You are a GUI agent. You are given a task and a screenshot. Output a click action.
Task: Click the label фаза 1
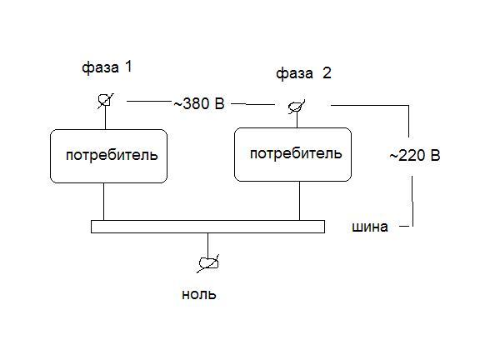(107, 67)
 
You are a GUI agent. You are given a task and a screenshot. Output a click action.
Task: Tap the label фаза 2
(303, 74)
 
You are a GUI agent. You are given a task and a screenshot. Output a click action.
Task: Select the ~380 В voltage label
(199, 104)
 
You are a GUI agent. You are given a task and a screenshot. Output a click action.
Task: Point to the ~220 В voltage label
(415, 156)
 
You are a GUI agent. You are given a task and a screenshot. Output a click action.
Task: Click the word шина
(370, 227)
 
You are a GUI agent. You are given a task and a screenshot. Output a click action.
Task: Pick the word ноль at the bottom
(199, 294)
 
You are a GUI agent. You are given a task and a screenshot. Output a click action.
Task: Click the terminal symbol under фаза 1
(105, 100)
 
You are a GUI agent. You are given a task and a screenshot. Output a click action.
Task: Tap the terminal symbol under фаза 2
(297, 107)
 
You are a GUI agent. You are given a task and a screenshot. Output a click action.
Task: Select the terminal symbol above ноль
(208, 263)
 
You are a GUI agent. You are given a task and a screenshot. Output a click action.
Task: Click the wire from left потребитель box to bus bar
(104, 202)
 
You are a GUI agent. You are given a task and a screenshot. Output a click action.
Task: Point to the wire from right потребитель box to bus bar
(299, 201)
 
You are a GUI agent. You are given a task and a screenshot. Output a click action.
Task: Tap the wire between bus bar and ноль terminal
(208, 246)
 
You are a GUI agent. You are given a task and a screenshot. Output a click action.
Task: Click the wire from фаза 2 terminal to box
(297, 120)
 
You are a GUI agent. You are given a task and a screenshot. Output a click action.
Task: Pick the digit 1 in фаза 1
(128, 67)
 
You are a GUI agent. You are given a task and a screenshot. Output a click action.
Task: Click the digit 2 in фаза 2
(327, 73)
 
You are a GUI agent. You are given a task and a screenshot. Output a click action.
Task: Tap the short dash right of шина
(404, 227)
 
